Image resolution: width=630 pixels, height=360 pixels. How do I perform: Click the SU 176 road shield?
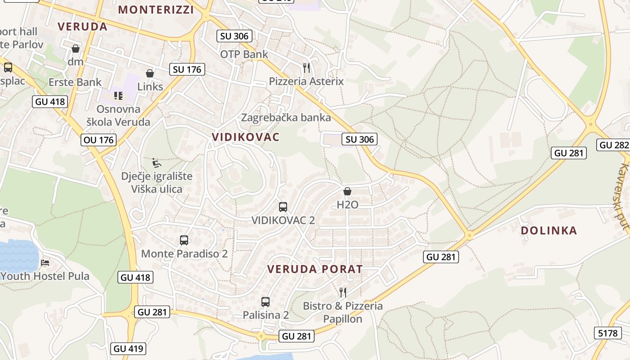click(187, 69)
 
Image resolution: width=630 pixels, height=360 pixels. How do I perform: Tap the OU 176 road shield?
click(99, 140)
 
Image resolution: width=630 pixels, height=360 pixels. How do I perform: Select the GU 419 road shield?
click(128, 348)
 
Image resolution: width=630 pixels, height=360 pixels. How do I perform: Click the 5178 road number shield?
click(608, 333)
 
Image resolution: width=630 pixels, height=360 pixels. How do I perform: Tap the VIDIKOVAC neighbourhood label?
click(246, 137)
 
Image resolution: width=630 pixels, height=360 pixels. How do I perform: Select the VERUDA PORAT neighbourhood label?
click(315, 269)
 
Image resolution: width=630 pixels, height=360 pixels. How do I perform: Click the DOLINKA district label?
click(549, 230)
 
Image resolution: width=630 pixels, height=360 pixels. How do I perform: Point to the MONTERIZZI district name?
click(156, 9)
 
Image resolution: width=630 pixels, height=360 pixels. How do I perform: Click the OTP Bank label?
click(244, 54)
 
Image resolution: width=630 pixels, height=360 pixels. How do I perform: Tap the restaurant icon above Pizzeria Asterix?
click(306, 68)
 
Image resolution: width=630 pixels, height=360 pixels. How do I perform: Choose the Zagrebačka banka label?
click(286, 118)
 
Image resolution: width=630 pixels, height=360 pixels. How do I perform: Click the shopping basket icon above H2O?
click(347, 191)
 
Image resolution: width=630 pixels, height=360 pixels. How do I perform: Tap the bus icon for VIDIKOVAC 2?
click(283, 207)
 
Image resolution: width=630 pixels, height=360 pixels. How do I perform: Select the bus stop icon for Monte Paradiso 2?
click(184, 240)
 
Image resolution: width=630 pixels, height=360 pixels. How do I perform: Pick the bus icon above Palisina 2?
click(265, 302)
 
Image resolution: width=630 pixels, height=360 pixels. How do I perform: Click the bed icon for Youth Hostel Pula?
click(45, 262)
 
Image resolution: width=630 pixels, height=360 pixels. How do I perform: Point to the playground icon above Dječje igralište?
click(156, 162)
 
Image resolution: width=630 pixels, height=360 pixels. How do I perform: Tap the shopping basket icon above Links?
click(150, 73)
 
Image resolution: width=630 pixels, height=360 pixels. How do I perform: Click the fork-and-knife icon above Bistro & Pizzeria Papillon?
click(343, 292)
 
